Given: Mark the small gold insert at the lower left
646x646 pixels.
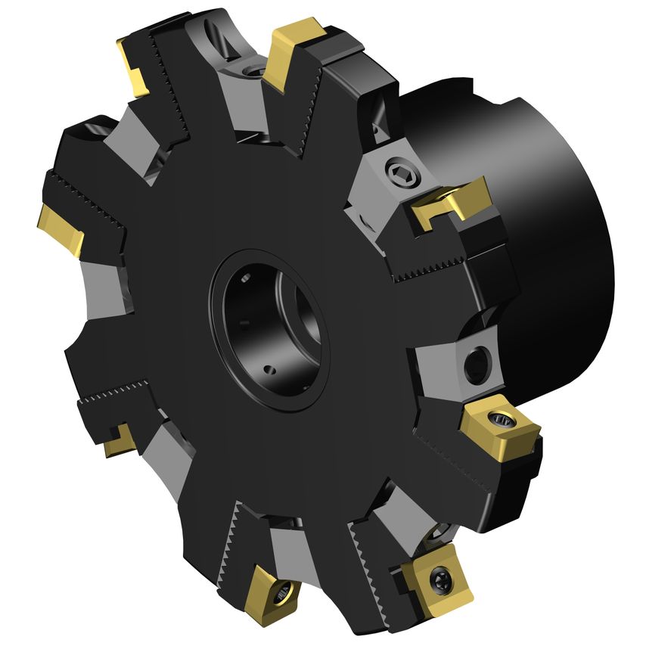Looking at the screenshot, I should [119, 441].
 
